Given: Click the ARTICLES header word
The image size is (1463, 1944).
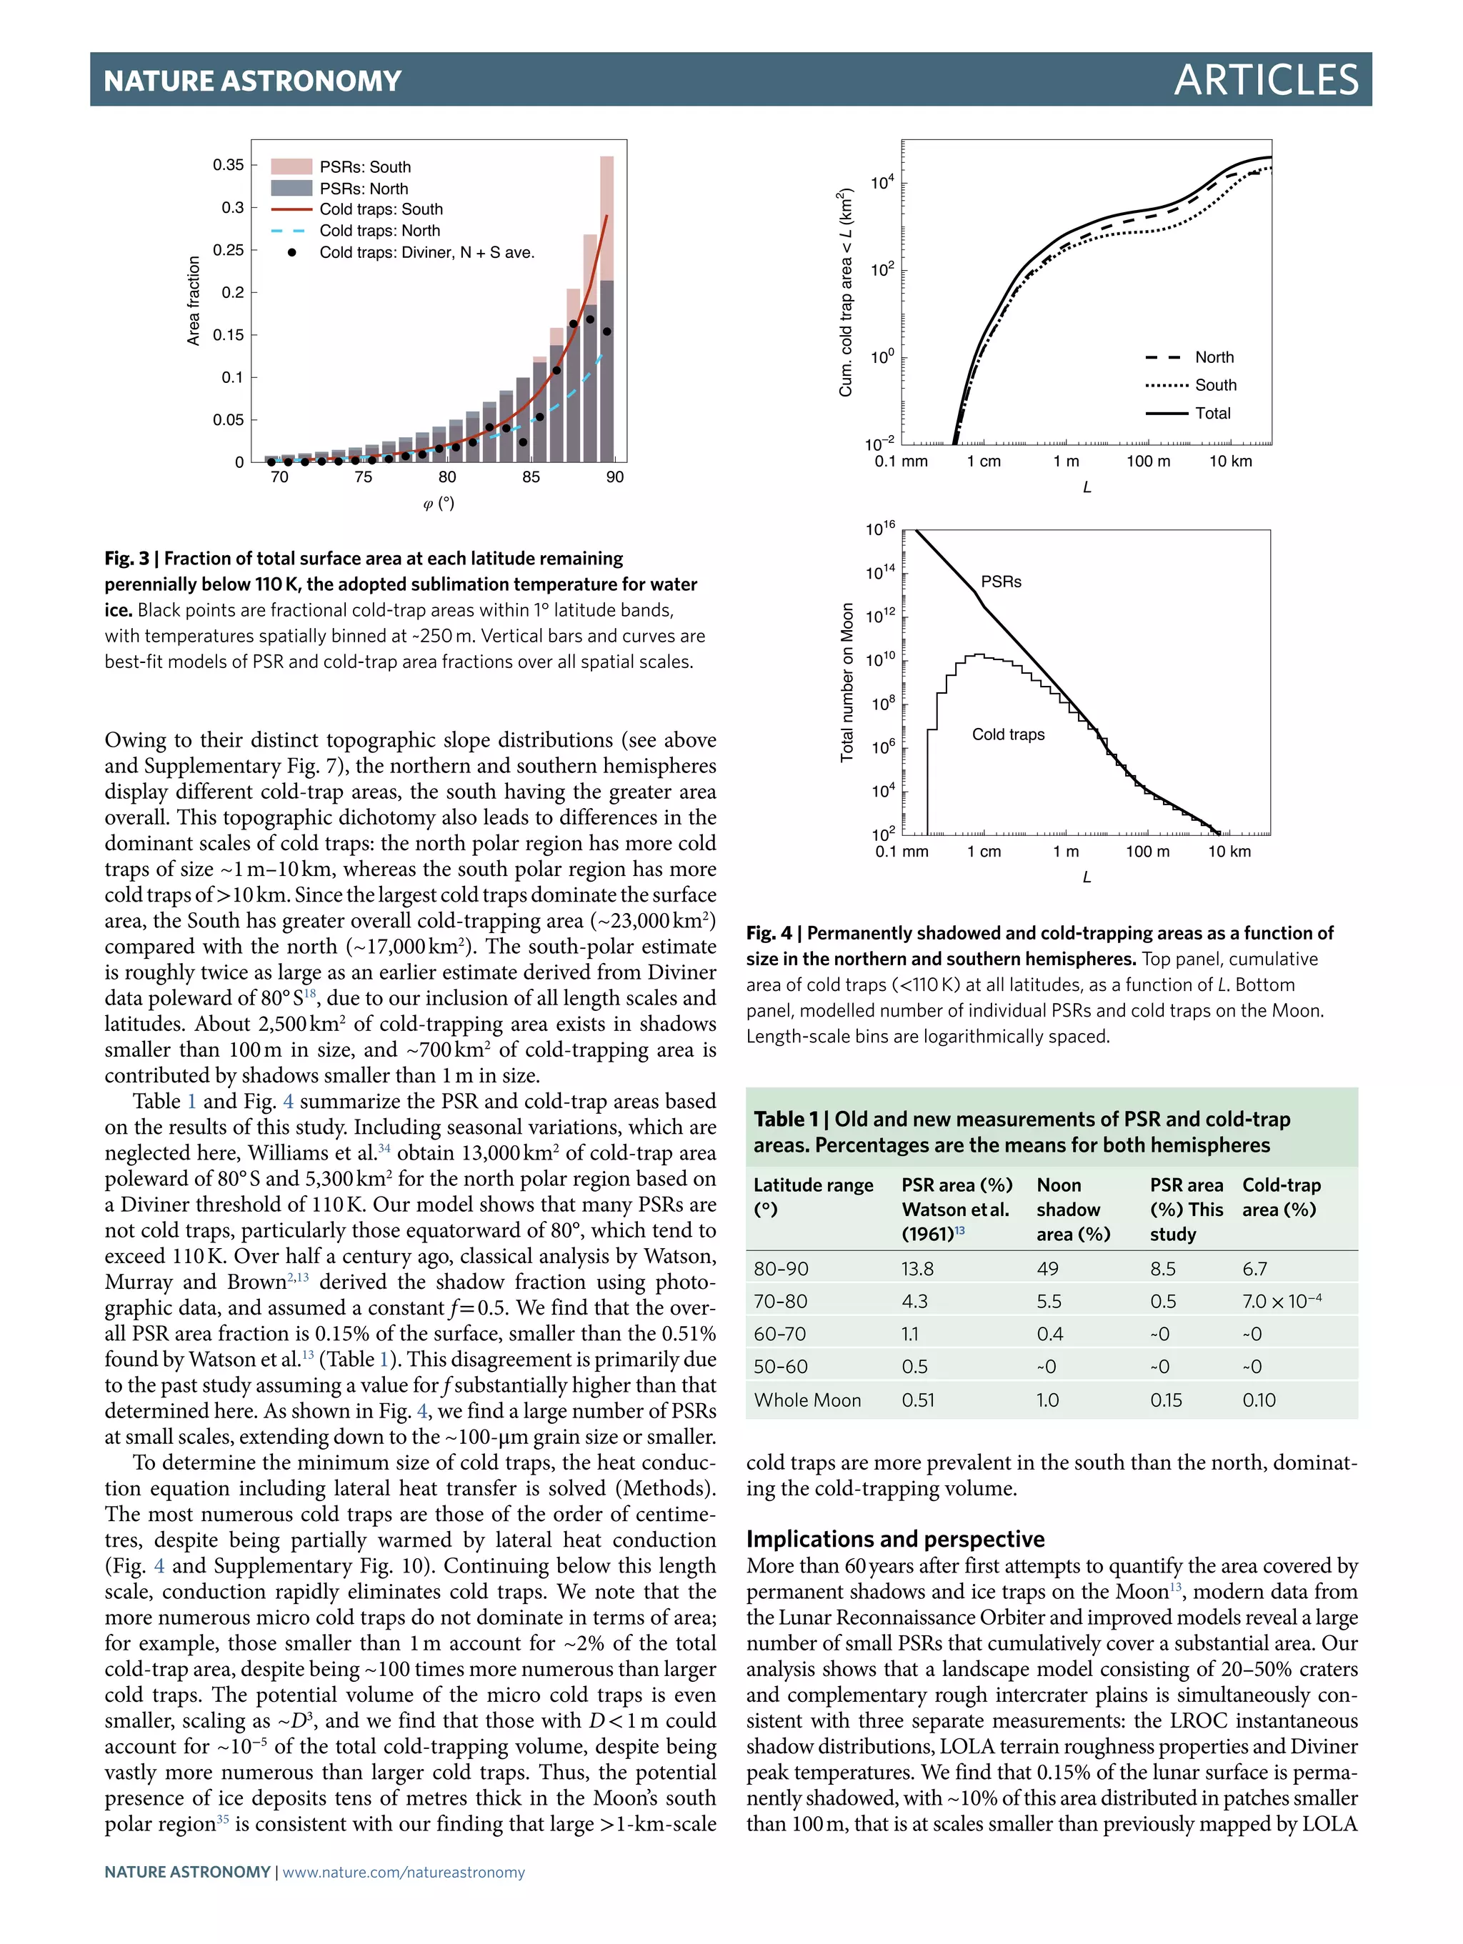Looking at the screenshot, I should pos(1265,80).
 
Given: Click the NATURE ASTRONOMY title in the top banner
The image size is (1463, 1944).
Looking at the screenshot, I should pos(252,81).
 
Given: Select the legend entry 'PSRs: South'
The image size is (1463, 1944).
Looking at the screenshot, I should pos(364,167).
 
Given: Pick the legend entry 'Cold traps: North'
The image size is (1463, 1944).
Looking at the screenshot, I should pos(379,230).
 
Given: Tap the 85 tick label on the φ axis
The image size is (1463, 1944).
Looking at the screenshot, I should pos(531,477).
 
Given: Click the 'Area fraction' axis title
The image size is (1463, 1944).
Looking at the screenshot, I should pos(194,301).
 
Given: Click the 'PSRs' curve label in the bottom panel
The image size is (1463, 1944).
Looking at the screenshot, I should pos(1001,582).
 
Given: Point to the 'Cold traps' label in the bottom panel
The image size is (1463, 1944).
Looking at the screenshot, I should pos(1008,734).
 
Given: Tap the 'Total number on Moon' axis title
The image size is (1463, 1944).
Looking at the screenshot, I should pos(847,682).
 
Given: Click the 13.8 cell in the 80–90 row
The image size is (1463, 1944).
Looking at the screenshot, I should pos(917,1268).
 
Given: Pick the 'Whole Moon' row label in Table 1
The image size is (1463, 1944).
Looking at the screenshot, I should pos(807,1400).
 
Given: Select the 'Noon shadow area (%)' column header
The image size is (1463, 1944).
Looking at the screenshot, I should pos(1073,1210).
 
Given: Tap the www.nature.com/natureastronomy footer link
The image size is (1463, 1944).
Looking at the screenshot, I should pos(404,1872).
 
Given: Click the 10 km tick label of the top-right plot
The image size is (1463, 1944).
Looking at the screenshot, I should pos(1230,462).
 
